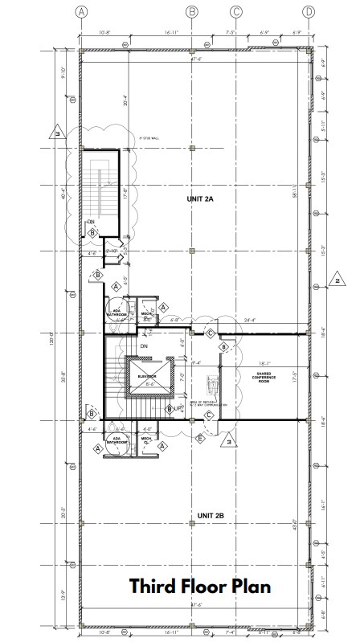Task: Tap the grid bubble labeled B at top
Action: (191, 11)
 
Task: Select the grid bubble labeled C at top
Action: (236, 11)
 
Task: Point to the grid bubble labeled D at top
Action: (309, 11)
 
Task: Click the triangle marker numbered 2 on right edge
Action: (337, 280)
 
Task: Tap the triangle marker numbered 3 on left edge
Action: (57, 132)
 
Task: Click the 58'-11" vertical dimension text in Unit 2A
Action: (296, 193)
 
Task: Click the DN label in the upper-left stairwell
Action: (91, 222)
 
